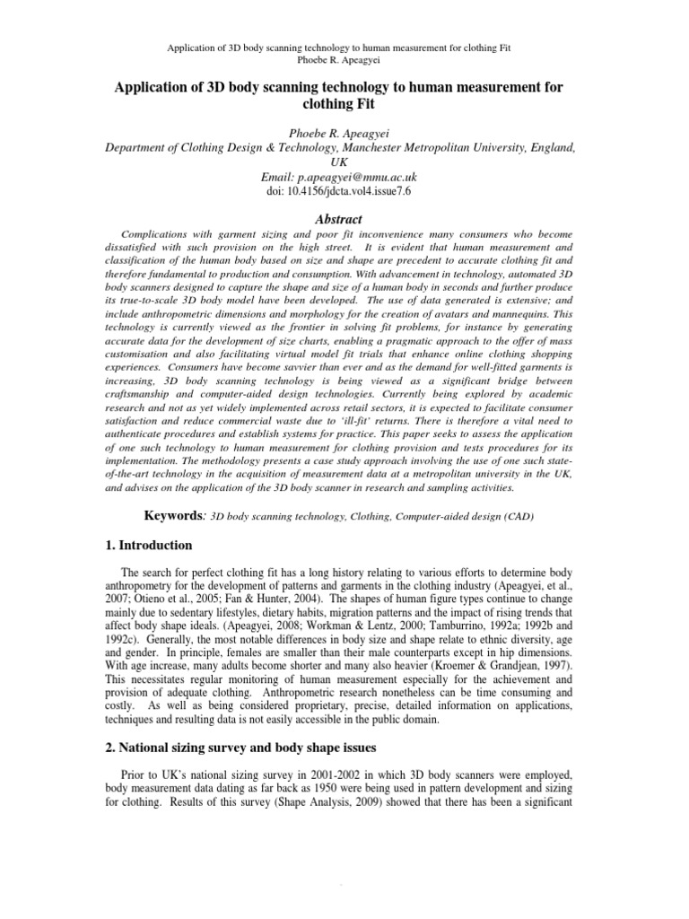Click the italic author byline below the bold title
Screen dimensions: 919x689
[344, 135]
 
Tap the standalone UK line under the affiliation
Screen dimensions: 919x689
[344, 163]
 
